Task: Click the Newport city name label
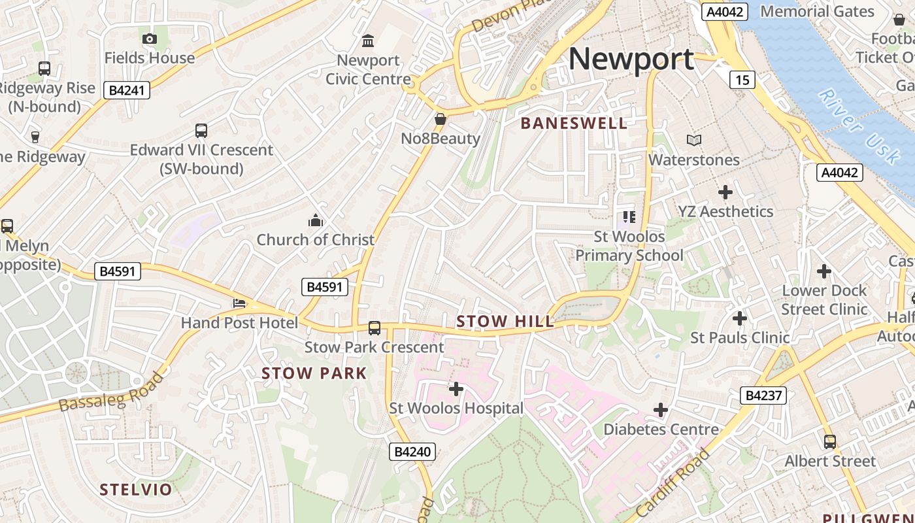(x=631, y=59)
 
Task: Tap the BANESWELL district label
(x=574, y=123)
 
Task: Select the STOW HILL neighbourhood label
(x=505, y=321)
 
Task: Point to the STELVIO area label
(x=136, y=489)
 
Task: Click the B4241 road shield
(x=127, y=90)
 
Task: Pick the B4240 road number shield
(x=413, y=451)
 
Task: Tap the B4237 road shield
(x=763, y=395)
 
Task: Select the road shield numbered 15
(x=742, y=80)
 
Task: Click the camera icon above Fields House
(x=150, y=39)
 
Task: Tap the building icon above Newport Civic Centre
(x=368, y=41)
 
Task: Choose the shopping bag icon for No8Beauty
(x=441, y=119)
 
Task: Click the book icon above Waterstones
(x=693, y=140)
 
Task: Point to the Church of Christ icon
(x=316, y=220)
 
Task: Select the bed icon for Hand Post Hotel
(x=239, y=304)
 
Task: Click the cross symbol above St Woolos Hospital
(x=456, y=389)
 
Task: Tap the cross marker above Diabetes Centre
(x=661, y=410)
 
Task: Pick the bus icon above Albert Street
(x=829, y=441)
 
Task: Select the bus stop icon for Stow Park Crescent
(x=374, y=328)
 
